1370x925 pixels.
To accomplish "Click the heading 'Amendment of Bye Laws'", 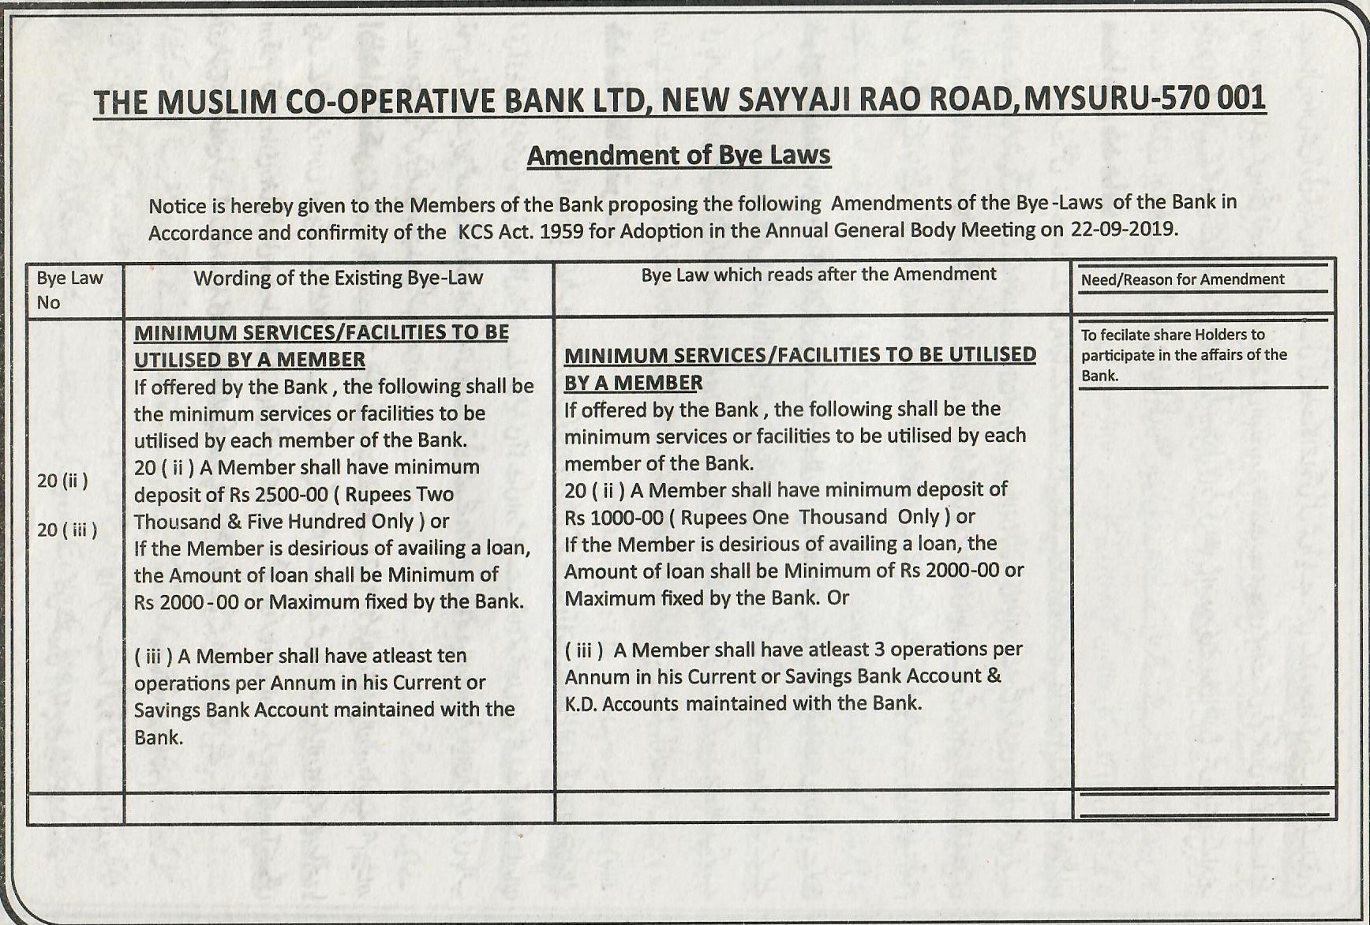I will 679,155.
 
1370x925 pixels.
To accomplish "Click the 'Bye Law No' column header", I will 69,290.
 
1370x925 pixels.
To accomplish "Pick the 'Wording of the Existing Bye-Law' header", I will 339,278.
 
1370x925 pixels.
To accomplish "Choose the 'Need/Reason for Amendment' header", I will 1182,279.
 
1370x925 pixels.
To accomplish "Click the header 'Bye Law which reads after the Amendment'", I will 818,275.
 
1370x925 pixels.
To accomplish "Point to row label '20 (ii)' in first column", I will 62,481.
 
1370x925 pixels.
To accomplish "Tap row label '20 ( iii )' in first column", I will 67,530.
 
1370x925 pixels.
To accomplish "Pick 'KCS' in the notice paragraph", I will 475,232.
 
